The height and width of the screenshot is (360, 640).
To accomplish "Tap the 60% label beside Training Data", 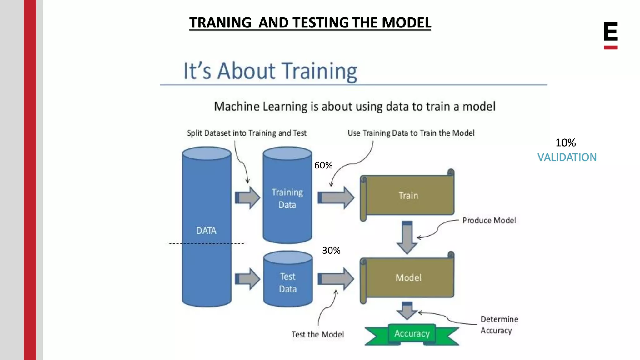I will (x=323, y=165).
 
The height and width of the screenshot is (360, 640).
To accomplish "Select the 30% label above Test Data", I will (x=331, y=250).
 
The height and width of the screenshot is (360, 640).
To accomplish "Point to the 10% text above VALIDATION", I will (x=565, y=143).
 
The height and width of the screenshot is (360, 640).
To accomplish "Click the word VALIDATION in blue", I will (x=567, y=157).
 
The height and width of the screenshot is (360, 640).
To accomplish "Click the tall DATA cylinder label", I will (x=206, y=231).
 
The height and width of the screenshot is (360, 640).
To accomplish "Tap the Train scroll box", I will (x=408, y=196).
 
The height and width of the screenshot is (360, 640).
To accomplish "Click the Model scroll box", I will (x=408, y=277).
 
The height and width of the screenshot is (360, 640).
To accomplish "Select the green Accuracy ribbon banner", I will (x=412, y=334).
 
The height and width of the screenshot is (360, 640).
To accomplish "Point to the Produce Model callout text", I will (x=489, y=221).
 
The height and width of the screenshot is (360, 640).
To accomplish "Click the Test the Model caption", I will (x=317, y=334).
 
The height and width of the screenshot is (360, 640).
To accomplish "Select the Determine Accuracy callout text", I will (x=499, y=325).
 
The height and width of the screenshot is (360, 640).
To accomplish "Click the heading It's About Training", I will (x=270, y=71).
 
